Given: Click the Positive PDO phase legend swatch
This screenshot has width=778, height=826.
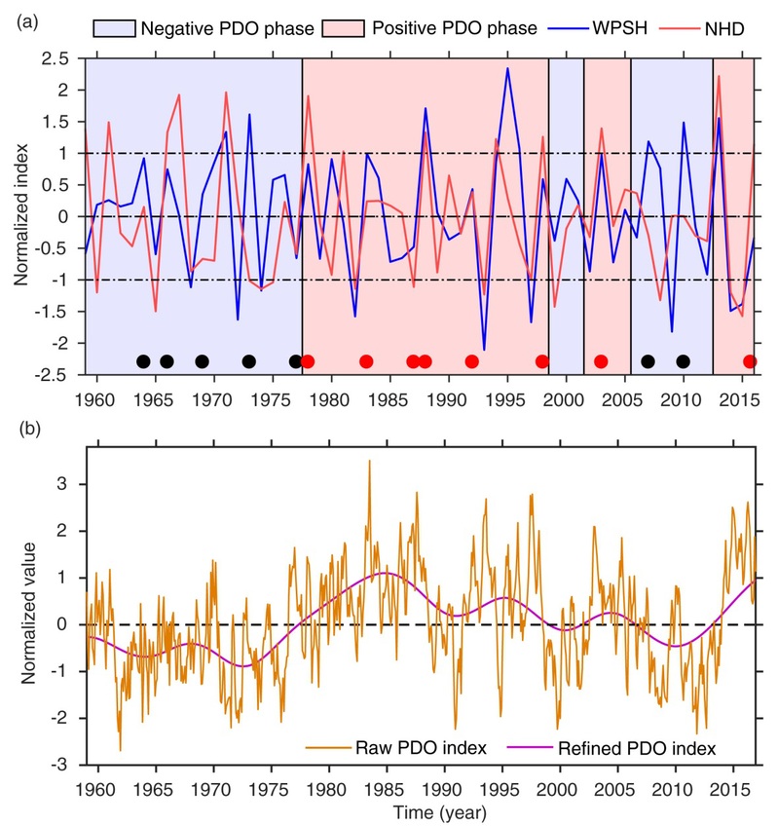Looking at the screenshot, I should pyautogui.click(x=350, y=27).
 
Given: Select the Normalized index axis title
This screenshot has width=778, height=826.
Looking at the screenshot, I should pyautogui.click(x=20, y=216).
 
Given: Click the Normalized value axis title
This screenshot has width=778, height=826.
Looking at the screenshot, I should pyautogui.click(x=20, y=606).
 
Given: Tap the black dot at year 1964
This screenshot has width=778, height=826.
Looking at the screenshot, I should pyautogui.click(x=143, y=361).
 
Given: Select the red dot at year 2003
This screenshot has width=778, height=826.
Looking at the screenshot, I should pyautogui.click(x=600, y=361).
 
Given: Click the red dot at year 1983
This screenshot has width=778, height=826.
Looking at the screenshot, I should pyautogui.click(x=366, y=361).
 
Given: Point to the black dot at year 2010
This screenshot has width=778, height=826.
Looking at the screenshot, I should pyautogui.click(x=683, y=361).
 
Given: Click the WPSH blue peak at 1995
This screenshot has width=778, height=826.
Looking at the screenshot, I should pyautogui.click(x=507, y=69).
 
